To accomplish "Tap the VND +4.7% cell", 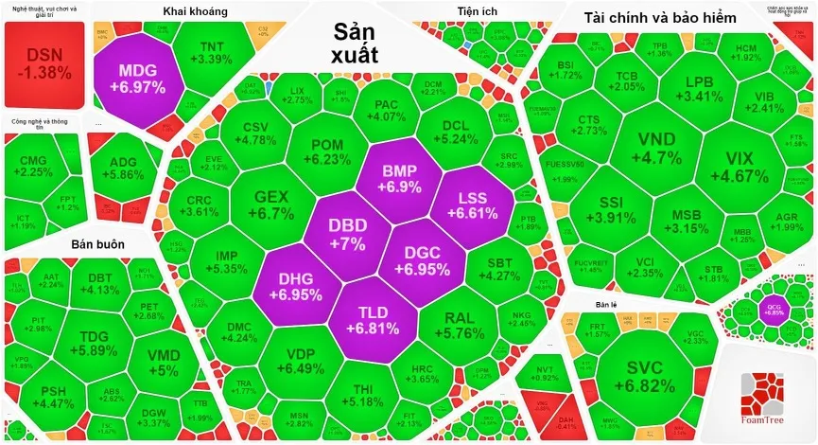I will coord(656,148).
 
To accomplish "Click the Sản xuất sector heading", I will coord(355,44).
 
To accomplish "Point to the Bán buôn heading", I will coord(97,243).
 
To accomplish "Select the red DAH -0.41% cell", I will coord(566,421).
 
